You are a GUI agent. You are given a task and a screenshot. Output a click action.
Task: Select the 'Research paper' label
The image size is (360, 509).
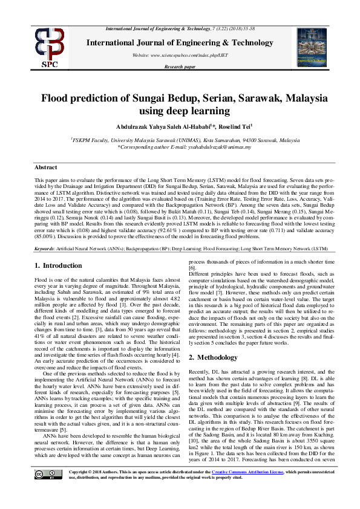(179, 67)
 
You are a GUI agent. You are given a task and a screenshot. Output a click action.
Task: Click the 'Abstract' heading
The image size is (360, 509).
(46, 167)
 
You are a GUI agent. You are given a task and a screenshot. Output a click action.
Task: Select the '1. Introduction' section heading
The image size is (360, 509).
(59, 266)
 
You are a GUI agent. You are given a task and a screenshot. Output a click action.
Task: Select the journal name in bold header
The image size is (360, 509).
(179, 42)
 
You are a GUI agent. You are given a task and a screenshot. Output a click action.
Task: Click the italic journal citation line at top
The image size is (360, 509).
(179, 29)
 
